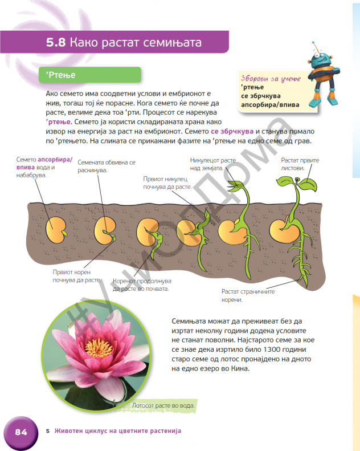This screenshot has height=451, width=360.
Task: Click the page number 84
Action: pyautogui.click(x=21, y=432)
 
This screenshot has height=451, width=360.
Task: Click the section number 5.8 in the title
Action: pyautogui.click(x=56, y=43)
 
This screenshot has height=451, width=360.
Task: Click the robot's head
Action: pyautogui.click(x=320, y=58)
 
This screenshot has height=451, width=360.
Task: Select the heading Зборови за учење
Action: pyautogui.click(x=271, y=79)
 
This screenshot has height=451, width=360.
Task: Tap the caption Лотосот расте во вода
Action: pyautogui.click(x=163, y=405)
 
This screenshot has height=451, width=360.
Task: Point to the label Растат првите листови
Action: pyautogui.click(x=300, y=164)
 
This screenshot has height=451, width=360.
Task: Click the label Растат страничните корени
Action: pyautogui.click(x=248, y=295)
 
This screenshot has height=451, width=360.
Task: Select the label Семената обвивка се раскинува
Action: pyautogui.click(x=107, y=166)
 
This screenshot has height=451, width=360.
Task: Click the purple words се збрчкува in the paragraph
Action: pyautogui.click(x=232, y=132)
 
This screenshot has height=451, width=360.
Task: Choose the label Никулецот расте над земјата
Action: pyautogui.click(x=213, y=164)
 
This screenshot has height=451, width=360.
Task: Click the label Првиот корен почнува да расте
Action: pyautogui.click(x=77, y=276)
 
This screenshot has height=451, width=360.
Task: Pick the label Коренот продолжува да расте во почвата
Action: pyautogui.click(x=142, y=285)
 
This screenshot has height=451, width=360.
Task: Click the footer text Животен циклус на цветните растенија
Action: pyautogui.click(x=118, y=431)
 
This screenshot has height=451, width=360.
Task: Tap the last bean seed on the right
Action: pyautogui.click(x=284, y=231)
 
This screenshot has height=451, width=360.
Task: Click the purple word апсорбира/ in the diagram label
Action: pyautogui.click(x=55, y=160)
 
